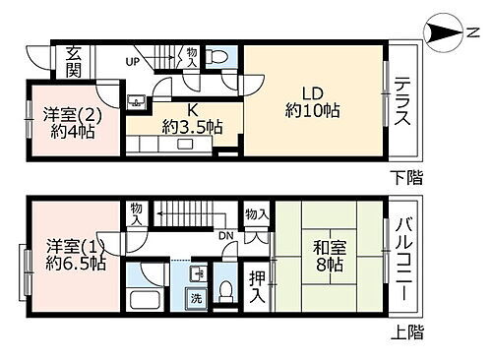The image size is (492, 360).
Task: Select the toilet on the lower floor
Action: pyautogui.click(x=220, y=56)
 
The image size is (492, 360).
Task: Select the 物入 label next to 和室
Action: pyautogui.click(x=258, y=214)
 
